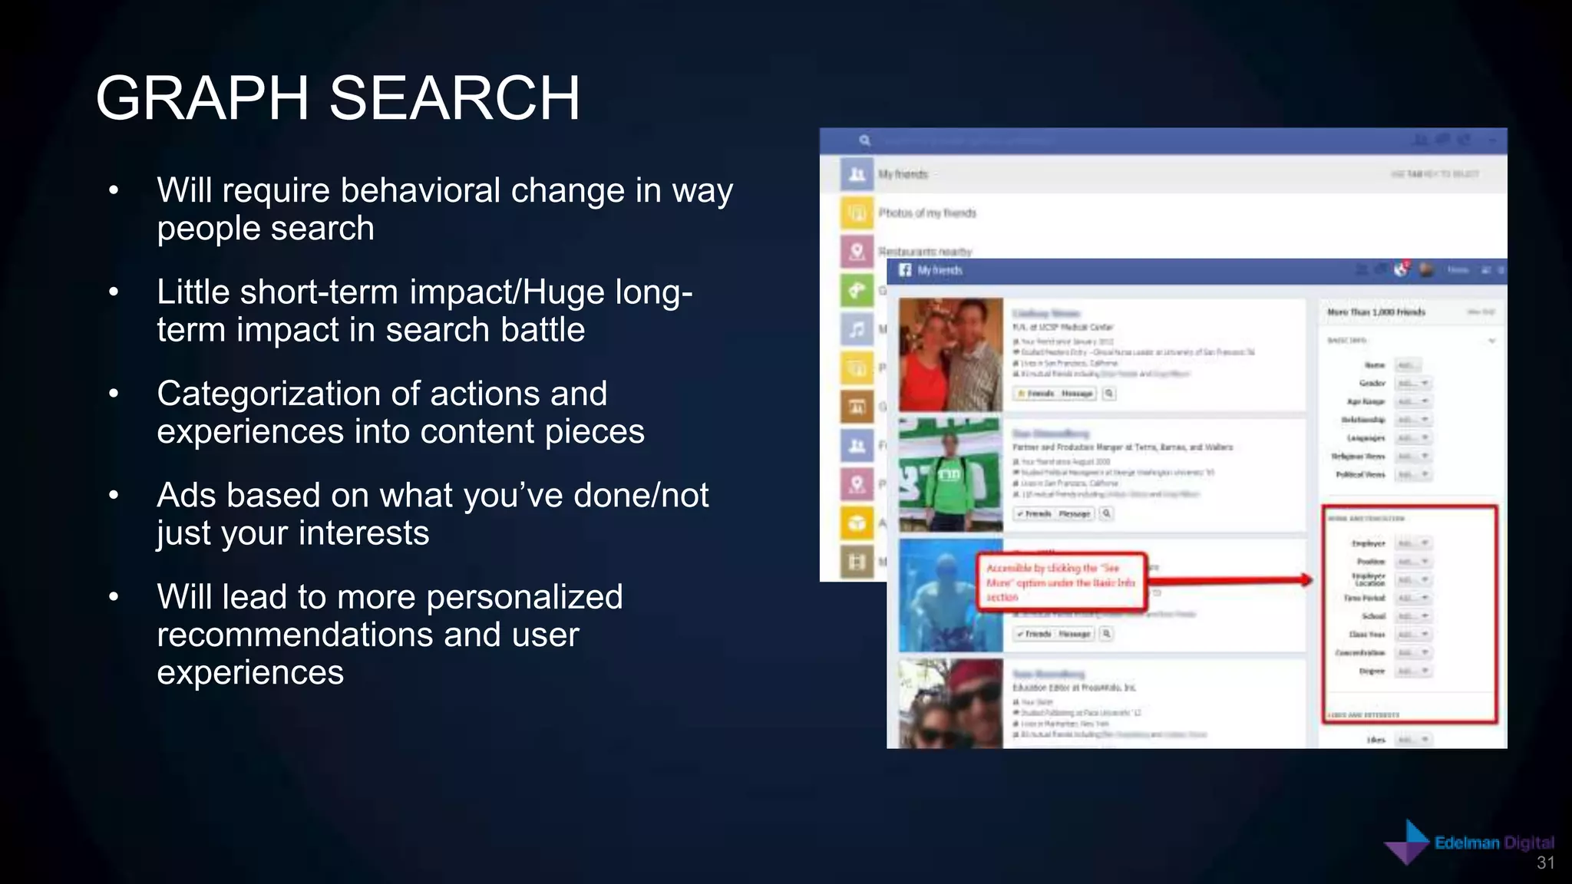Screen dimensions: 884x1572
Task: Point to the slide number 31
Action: click(1545, 863)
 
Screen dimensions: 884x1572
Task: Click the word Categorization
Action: click(269, 394)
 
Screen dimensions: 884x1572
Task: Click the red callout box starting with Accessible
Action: click(1061, 582)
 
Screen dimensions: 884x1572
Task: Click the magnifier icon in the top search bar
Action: click(864, 140)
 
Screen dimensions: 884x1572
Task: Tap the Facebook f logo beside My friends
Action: click(905, 270)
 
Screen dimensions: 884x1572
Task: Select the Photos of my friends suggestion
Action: click(927, 213)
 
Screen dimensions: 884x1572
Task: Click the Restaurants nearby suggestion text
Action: click(925, 251)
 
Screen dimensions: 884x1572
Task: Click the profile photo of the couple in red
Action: click(950, 355)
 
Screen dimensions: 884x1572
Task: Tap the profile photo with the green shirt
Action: click(950, 474)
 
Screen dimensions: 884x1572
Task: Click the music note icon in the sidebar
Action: click(857, 330)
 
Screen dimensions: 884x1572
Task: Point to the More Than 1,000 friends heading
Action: click(1376, 312)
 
